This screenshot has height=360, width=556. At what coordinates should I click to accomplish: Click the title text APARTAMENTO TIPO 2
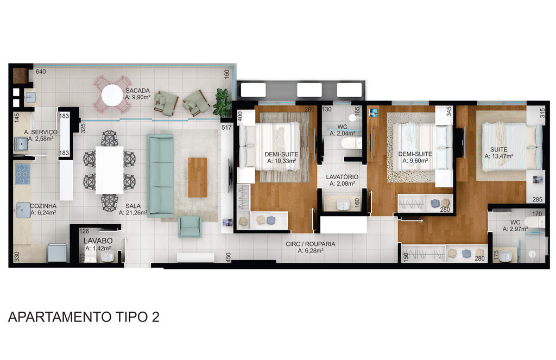click(x=84, y=317)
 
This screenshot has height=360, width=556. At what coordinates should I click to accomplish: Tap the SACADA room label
click(x=137, y=91)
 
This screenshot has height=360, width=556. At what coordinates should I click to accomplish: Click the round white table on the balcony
click(x=112, y=95)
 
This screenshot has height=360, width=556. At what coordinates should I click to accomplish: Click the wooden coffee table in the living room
click(x=197, y=178)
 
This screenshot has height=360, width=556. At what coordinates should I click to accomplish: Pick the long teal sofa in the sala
click(x=160, y=175)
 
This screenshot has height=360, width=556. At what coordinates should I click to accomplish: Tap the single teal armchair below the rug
click(x=189, y=226)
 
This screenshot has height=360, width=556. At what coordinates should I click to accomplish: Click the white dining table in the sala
click(x=110, y=170)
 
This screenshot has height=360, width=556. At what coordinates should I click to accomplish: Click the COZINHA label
click(x=43, y=206)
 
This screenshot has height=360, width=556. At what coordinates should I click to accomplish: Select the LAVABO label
click(x=98, y=241)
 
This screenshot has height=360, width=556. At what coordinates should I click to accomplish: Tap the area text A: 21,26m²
click(x=133, y=213)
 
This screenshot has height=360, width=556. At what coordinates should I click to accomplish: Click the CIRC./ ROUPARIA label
click(x=311, y=244)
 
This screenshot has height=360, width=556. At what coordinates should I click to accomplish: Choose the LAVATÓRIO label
click(x=342, y=176)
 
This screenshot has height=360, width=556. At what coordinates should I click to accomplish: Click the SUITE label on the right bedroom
click(x=499, y=149)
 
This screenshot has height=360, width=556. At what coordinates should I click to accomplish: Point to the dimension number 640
click(x=41, y=72)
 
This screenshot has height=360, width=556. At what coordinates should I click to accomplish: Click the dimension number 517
click(x=226, y=127)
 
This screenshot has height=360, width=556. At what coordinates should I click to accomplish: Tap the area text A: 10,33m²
click(x=282, y=161)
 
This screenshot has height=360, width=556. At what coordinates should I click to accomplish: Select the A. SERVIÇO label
click(x=41, y=132)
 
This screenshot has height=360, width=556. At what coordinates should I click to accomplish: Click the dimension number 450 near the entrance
click(x=229, y=257)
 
